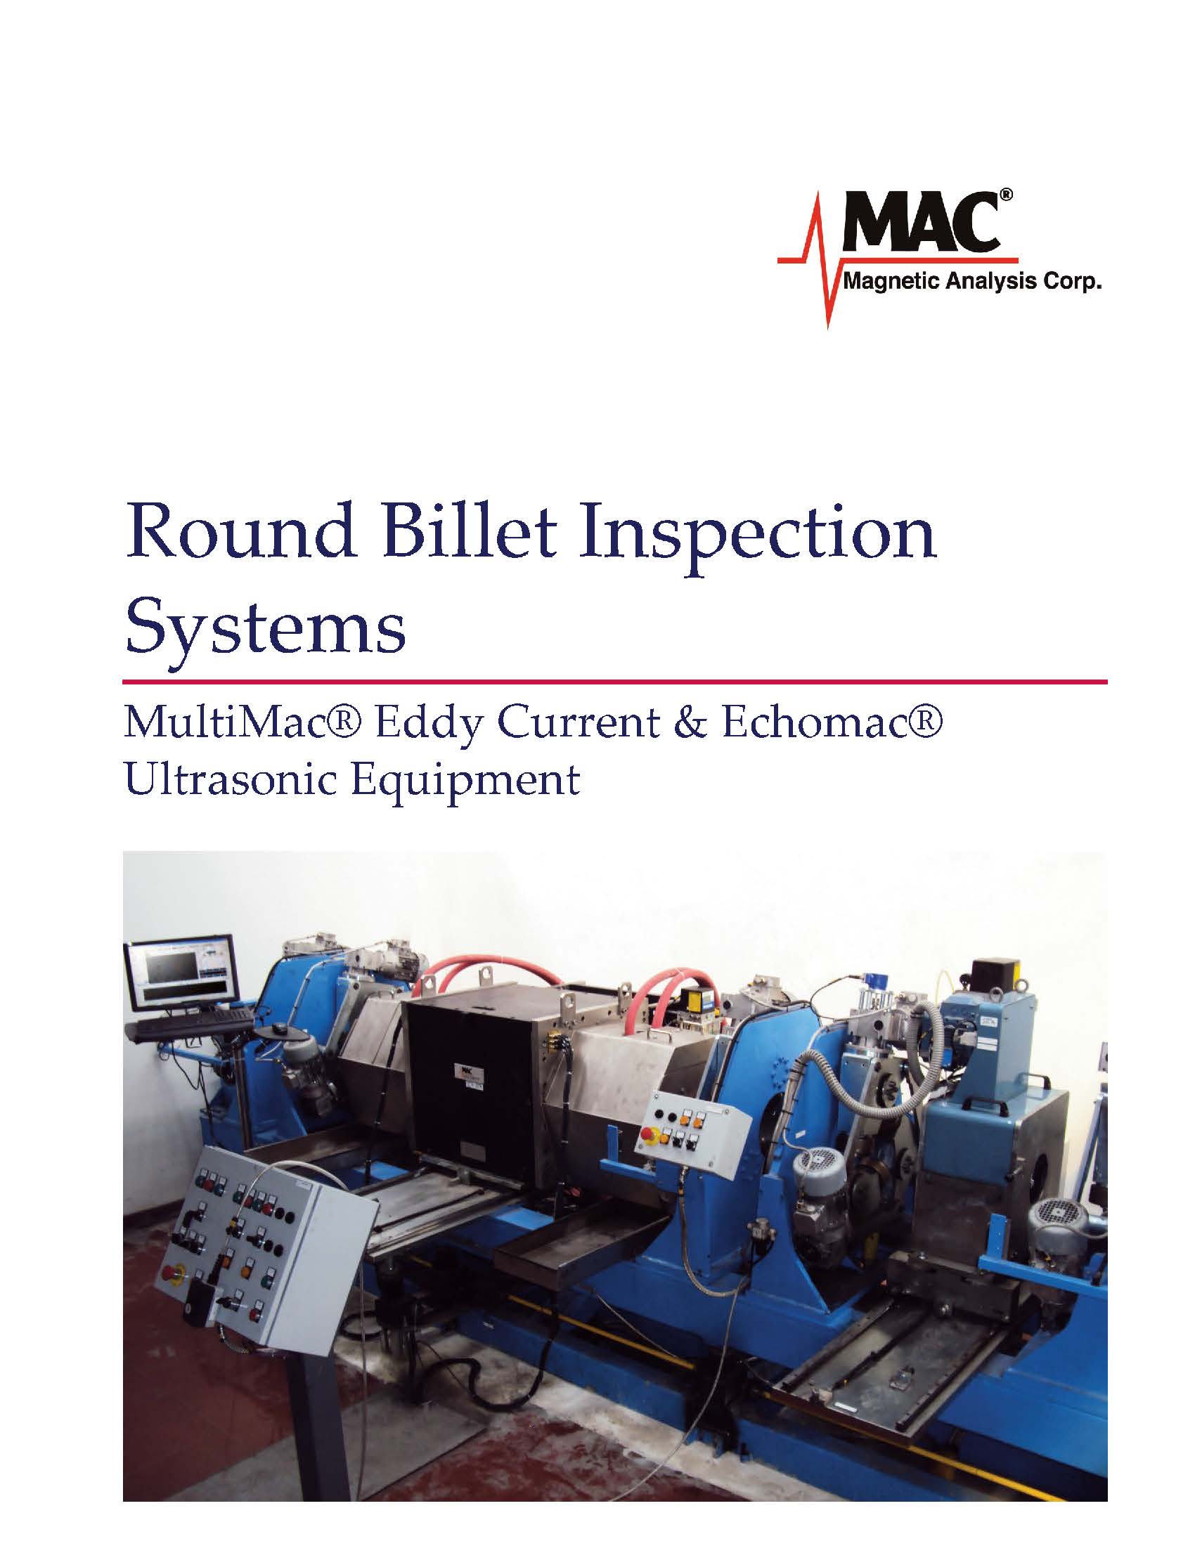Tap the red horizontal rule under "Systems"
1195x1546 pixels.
[614, 682]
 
